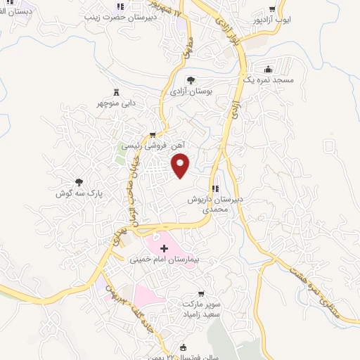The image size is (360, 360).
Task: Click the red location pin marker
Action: click(181, 165)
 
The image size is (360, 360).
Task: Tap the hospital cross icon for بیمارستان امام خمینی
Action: click(165, 248)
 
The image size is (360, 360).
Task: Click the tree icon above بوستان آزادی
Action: click(191, 79)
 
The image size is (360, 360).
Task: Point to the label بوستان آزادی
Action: click(191, 91)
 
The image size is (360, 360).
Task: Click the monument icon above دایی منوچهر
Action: click(116, 92)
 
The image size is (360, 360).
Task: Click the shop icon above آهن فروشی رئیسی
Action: click(152, 134)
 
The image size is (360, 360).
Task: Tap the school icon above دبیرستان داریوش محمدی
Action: click(215, 188)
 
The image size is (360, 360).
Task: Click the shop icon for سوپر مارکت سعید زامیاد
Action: click(202, 293)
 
